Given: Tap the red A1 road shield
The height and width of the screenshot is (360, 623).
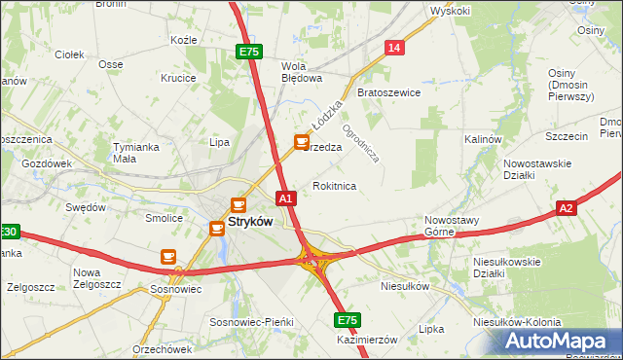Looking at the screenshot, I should pos(285,198).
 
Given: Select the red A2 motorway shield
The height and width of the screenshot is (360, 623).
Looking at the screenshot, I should pos(568,208).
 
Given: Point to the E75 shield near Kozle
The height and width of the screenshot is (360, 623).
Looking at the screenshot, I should pos(248,52).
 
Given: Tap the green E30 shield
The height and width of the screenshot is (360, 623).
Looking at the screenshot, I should pos(8,232).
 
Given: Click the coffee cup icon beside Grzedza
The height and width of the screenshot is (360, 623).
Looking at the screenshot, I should pos(302,143).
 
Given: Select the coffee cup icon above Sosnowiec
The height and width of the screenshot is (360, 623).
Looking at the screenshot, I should pos(167,256).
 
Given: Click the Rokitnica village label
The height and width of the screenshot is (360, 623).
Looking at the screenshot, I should pos(334,185).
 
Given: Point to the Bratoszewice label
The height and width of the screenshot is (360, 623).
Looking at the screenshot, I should pos(388,92).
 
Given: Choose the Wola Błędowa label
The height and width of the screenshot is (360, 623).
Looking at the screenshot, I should pos(301,74).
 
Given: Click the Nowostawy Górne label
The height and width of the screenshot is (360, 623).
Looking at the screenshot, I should pos(452,226).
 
